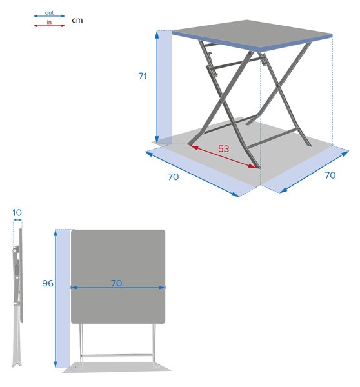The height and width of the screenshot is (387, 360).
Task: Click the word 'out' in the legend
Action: point(49,13)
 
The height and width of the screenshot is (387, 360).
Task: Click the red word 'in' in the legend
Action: point(49,22)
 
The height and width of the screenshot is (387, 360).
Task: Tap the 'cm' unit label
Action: point(77,20)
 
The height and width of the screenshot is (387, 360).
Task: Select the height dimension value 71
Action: point(143,76)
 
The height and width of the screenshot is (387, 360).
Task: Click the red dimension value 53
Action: point(223,148)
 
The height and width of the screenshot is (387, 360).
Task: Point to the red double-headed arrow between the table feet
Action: point(223,157)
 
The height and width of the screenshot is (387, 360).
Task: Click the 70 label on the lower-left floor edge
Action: point(173,177)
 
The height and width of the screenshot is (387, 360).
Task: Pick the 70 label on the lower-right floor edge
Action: point(330,175)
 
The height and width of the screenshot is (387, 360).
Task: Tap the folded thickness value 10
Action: point(17,212)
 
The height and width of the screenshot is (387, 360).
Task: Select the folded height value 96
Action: point(48,283)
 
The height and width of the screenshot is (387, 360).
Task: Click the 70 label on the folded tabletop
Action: point(116,283)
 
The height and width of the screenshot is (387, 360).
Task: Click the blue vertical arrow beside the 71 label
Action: point(157,88)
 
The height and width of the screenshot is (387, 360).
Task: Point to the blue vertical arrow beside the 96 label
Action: point(55,299)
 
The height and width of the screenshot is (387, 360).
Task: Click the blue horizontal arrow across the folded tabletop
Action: point(118,287)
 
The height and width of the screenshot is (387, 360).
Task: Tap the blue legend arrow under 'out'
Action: point(49,16)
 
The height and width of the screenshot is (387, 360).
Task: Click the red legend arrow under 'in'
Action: point(49,26)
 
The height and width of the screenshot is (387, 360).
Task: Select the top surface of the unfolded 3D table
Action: point(252,35)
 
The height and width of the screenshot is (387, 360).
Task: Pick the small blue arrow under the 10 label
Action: point(17,221)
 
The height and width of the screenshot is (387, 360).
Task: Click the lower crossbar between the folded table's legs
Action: point(117,355)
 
